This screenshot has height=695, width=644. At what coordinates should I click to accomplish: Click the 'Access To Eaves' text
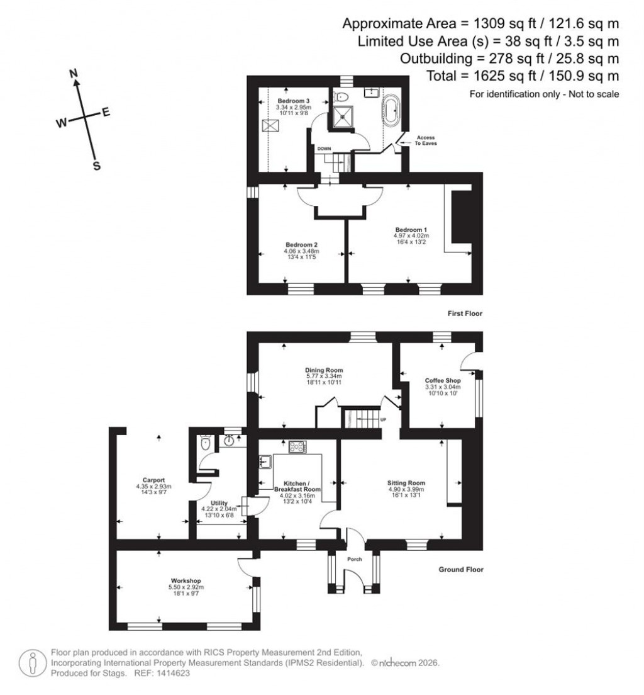click(x=424, y=140)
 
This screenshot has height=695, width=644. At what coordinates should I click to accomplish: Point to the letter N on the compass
click(x=74, y=74)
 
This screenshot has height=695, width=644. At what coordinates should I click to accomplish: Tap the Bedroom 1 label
click(x=411, y=230)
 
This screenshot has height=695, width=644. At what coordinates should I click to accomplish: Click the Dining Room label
click(x=324, y=370)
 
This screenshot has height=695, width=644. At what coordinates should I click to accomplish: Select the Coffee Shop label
click(x=443, y=381)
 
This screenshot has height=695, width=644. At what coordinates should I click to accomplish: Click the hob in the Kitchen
click(x=297, y=447)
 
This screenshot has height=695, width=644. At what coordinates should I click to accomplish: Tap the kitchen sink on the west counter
click(x=264, y=463)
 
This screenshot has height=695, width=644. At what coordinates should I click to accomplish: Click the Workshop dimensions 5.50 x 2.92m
click(x=186, y=587)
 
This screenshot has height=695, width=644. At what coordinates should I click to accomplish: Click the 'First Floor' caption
click(x=465, y=313)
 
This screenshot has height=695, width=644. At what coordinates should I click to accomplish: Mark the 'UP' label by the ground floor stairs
click(x=383, y=419)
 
